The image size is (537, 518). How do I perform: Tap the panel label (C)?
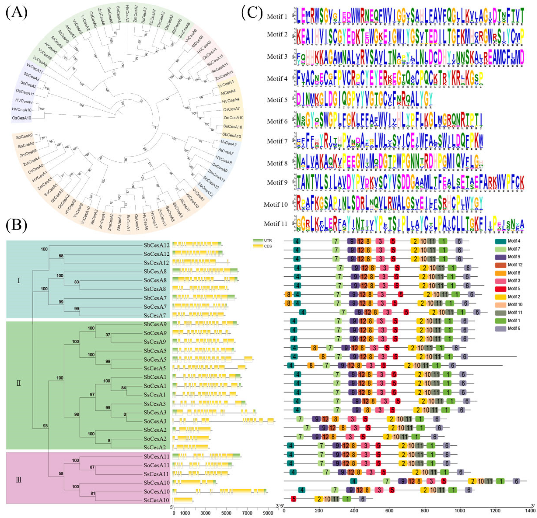(251, 13)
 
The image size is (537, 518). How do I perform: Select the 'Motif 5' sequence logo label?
(277, 100)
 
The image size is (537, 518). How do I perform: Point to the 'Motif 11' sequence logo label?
(276, 224)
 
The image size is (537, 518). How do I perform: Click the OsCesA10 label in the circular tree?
(22, 118)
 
